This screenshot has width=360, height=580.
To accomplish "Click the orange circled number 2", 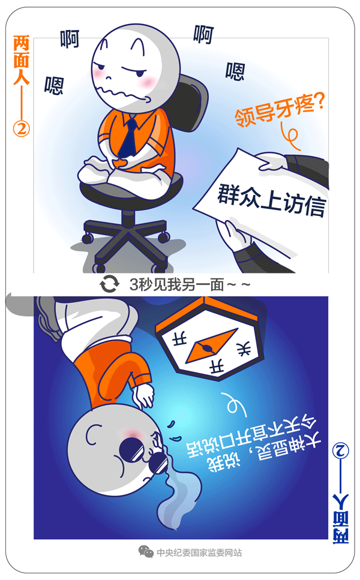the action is pos(22,128).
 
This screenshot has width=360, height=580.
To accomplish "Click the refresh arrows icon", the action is pos(110,284).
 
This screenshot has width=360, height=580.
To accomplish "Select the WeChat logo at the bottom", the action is pos(146,551).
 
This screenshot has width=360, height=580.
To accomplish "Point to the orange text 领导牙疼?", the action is pos(280,109).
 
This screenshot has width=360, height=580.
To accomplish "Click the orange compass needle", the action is pos(211,345).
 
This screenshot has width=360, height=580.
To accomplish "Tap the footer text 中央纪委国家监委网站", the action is pos(199,552).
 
